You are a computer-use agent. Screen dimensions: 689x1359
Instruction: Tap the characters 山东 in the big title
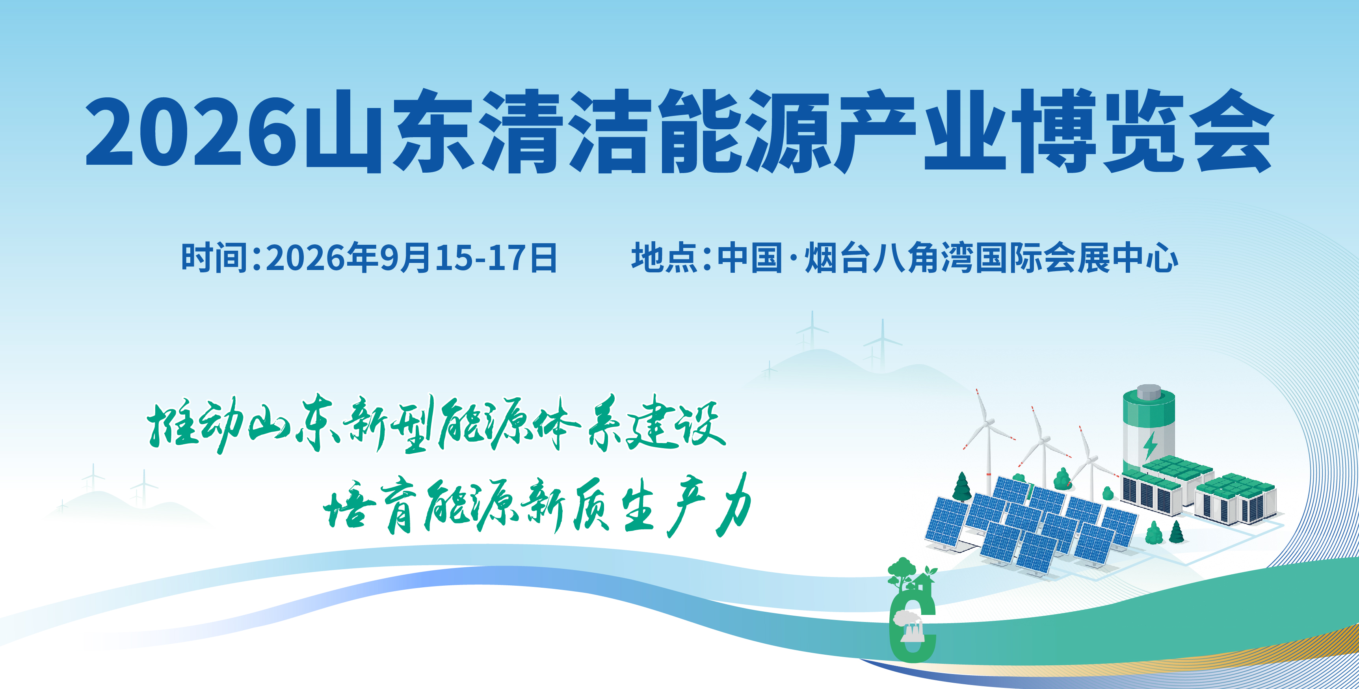pos(388,131)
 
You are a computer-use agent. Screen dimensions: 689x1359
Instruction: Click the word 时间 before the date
pos(214,258)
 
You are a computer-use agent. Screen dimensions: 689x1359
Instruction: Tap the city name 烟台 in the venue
pos(837,258)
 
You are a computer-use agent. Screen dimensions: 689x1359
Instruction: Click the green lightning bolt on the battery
pos(1150,446)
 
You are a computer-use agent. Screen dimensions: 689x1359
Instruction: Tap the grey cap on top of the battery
pos(1149,391)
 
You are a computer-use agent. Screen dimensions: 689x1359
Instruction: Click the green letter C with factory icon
pos(913,628)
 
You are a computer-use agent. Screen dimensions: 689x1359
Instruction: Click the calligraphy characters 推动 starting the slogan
pos(195,425)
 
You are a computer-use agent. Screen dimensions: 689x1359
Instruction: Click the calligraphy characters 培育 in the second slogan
pos(369,507)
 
